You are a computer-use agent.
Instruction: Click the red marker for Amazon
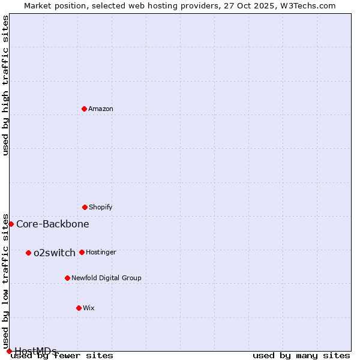click(84, 109)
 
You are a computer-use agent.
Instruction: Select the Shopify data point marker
click(85, 207)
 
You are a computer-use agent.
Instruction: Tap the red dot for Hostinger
click(82, 252)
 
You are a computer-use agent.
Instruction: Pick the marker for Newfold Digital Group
click(67, 278)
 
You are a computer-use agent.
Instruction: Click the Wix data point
click(79, 308)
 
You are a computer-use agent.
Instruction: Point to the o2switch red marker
click(28, 253)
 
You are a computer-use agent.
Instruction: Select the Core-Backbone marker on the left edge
click(11, 224)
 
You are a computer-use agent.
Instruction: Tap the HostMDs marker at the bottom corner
click(9, 351)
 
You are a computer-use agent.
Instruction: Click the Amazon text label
click(101, 109)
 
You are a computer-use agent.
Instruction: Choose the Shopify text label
click(101, 207)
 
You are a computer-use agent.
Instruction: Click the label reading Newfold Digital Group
click(106, 278)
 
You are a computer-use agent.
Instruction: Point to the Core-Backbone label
click(53, 224)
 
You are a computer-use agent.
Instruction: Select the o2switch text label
click(55, 253)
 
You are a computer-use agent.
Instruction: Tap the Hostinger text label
click(101, 252)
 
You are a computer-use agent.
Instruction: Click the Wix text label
click(89, 308)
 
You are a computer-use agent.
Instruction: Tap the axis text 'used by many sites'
click(301, 355)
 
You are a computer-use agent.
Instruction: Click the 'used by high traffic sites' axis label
click(5, 85)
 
